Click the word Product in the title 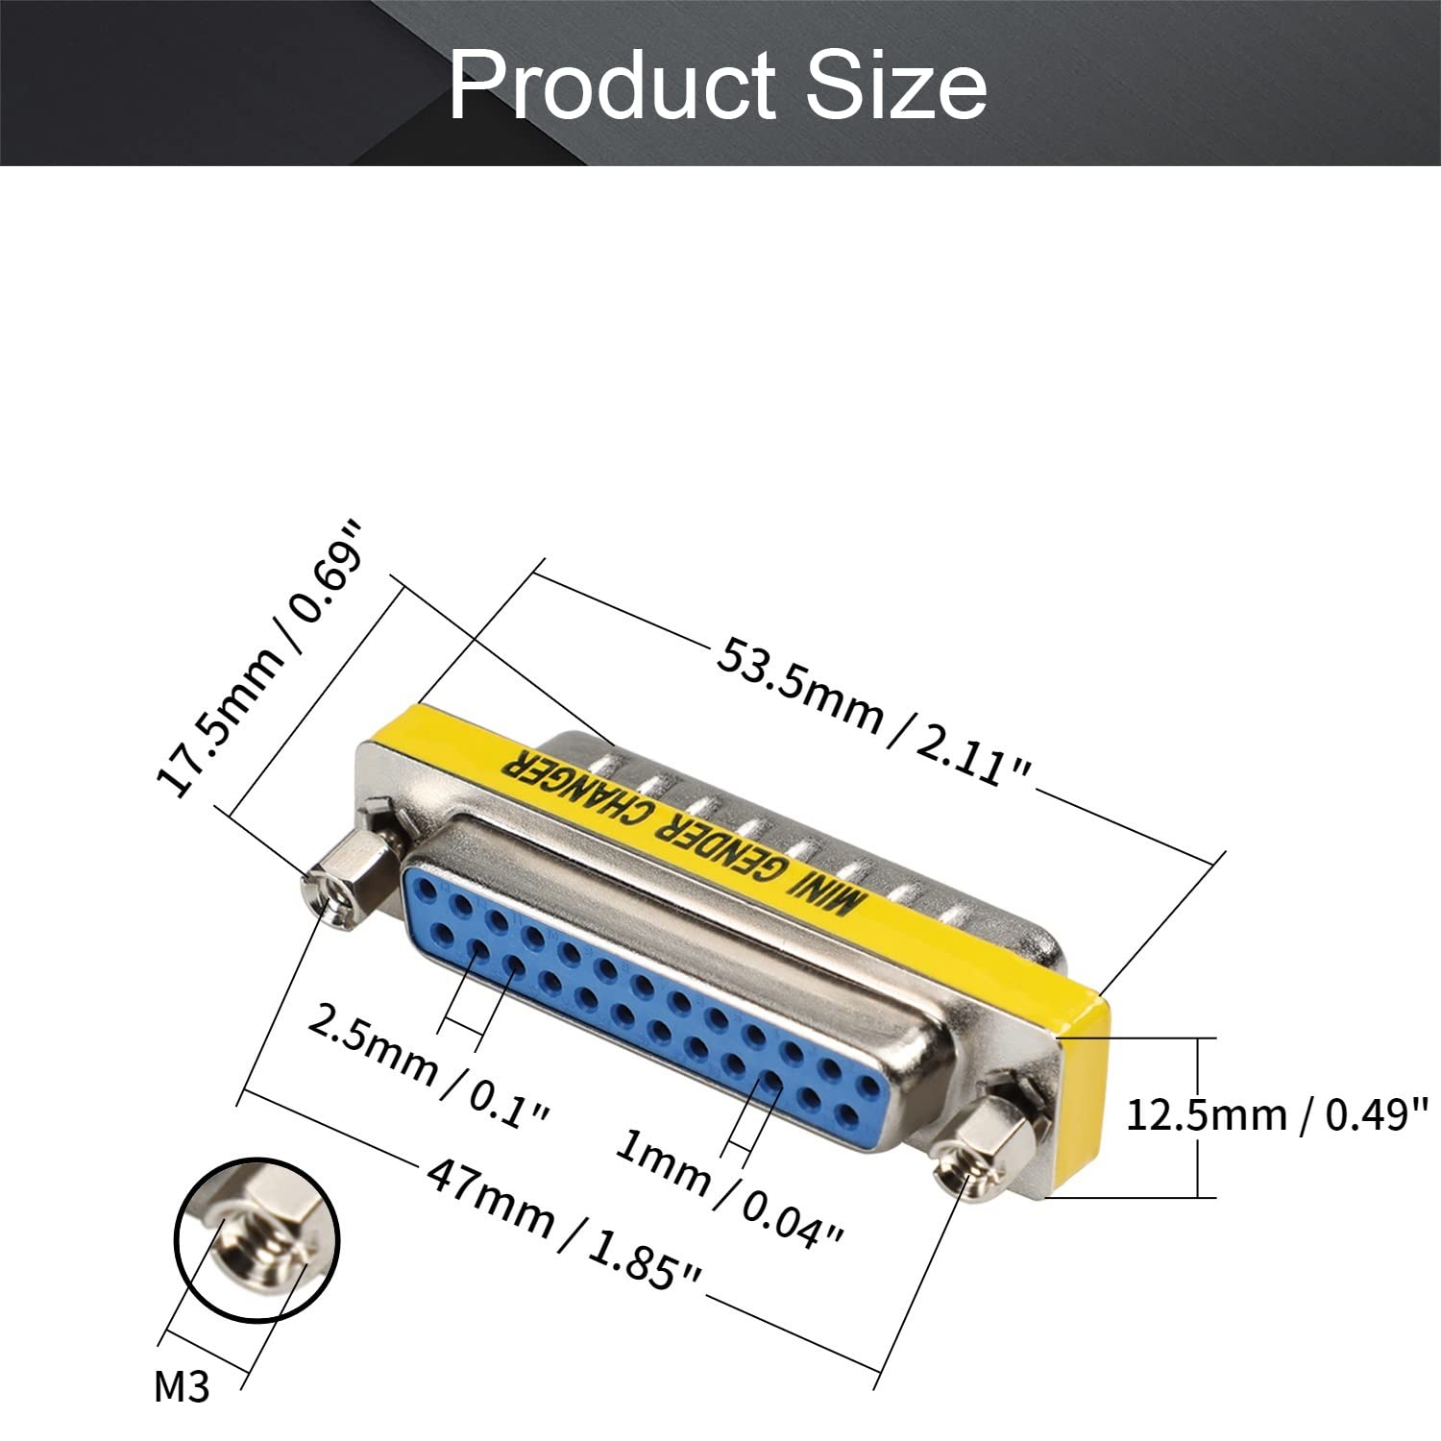(613, 86)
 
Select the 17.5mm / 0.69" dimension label (261, 659)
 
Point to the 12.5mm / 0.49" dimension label (1277, 1115)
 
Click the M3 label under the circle (182, 1387)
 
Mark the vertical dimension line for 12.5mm (1198, 1117)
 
